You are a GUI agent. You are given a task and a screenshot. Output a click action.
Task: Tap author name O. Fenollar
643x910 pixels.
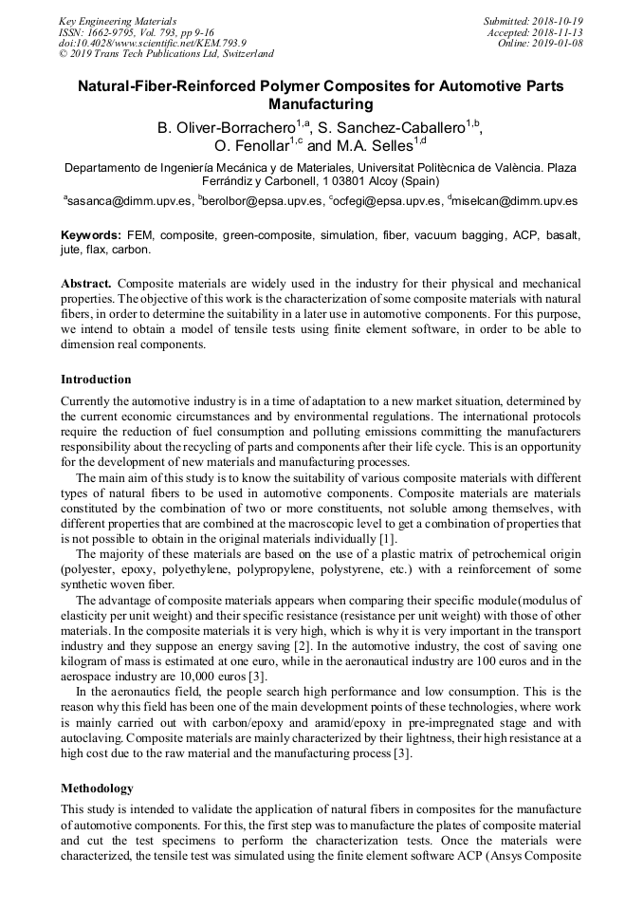coord(248,146)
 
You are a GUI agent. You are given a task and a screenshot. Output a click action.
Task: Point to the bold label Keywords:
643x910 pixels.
coord(90,234)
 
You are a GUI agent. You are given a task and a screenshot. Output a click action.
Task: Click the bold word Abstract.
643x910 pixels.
coord(87,284)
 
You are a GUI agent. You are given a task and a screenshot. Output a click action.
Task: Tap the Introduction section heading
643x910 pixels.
coord(96,379)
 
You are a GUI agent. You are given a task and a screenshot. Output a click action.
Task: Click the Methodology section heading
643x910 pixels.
coord(97,788)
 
